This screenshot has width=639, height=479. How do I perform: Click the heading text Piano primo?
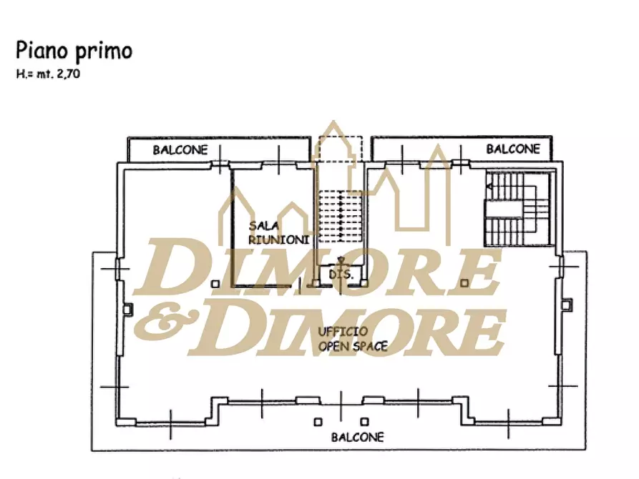(74, 51)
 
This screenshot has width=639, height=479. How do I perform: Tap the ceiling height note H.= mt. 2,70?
(47, 72)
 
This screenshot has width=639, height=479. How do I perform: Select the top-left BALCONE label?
(180, 150)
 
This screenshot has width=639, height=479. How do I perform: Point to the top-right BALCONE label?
(513, 149)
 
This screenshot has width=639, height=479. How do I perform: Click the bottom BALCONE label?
(357, 437)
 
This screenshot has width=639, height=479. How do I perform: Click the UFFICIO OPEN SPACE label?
(353, 339)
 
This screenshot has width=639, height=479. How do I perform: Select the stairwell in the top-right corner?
(517, 209)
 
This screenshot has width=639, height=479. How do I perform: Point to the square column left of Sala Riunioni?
(215, 284)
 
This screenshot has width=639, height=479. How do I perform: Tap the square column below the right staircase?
(465, 283)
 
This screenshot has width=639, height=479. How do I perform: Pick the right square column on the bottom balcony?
(364, 421)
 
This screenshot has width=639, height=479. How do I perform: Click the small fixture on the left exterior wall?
(127, 309)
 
